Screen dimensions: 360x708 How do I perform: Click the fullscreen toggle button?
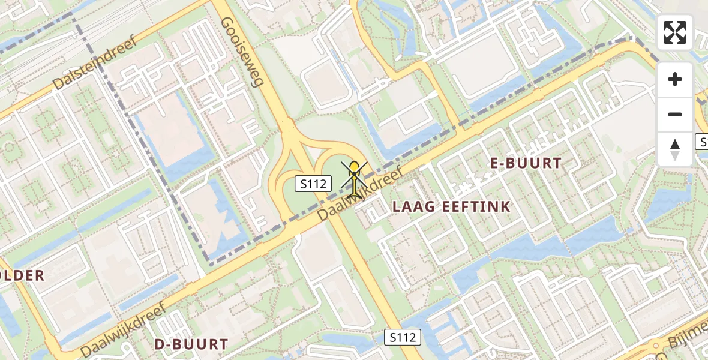coord(675,32)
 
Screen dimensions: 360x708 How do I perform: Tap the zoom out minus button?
coord(675,114)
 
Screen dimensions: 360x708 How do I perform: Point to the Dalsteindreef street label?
coord(95,62)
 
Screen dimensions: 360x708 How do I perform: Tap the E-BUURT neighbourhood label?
coord(526,163)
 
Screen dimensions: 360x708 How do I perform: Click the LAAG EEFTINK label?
coord(451,207)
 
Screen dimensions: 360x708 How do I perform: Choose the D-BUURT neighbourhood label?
coord(191,344)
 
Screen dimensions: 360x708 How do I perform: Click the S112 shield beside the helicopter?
coord(313,184)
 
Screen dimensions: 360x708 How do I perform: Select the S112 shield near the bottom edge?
coord(402,337)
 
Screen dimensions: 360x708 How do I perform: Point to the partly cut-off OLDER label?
coord(22,276)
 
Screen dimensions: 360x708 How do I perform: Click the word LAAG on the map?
coord(410,207)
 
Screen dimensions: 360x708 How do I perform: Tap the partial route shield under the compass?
coord(702,142)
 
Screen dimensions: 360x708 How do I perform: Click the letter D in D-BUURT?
coord(160,344)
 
